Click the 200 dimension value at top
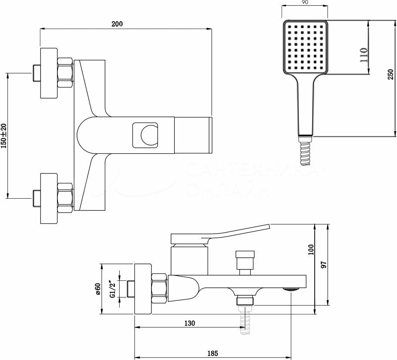[x=116, y=24]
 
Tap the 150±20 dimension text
[x=4, y=136]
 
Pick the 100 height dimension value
[x=311, y=250]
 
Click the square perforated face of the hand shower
[x=304, y=47]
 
